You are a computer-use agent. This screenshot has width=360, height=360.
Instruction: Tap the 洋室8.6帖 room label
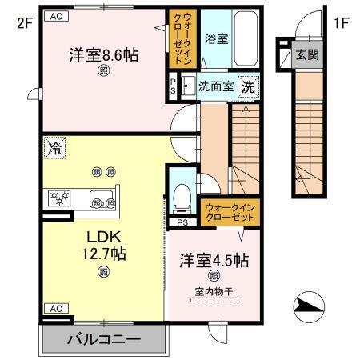click(102, 56)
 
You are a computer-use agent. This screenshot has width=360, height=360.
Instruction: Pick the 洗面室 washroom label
click(217, 86)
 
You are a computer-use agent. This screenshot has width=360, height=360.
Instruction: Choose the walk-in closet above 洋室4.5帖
click(229, 211)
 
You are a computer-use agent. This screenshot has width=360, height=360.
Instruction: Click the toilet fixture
click(182, 194)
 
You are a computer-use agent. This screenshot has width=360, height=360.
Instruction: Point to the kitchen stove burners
click(59, 198)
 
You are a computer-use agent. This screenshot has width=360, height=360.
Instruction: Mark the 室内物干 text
click(208, 293)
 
